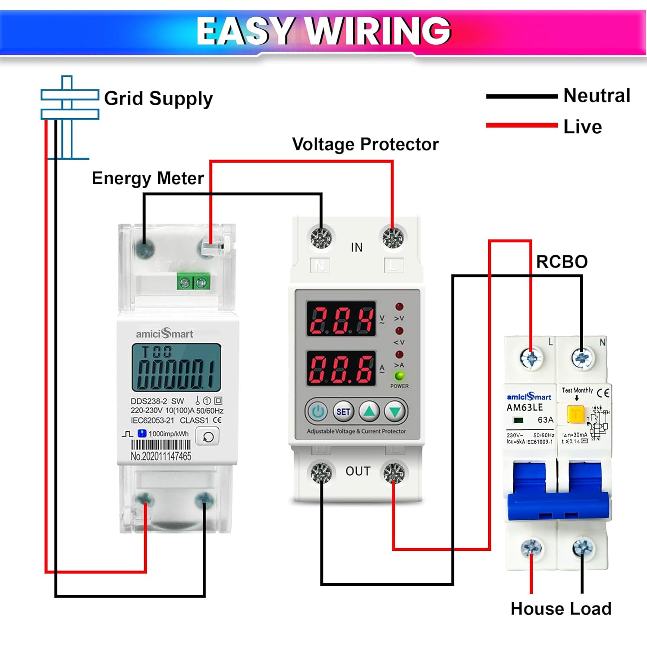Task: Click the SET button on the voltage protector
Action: pos(343,412)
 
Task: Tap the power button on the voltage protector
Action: pos(318,412)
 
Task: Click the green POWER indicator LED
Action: pos(399,376)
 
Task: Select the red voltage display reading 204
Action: pos(341,320)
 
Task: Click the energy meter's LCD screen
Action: pos(176,367)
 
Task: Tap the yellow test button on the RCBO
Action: pos(576,414)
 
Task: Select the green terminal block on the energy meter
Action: pos(193,283)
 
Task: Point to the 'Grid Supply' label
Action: pos(158,99)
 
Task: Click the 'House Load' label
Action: pos(561,609)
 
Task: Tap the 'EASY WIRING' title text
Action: pos(323,31)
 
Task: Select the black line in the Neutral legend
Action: pos(521,97)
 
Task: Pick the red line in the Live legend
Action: pos(521,126)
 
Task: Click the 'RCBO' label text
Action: pos(562,262)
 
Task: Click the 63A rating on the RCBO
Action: pos(545,420)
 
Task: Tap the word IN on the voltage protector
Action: pos(357,248)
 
